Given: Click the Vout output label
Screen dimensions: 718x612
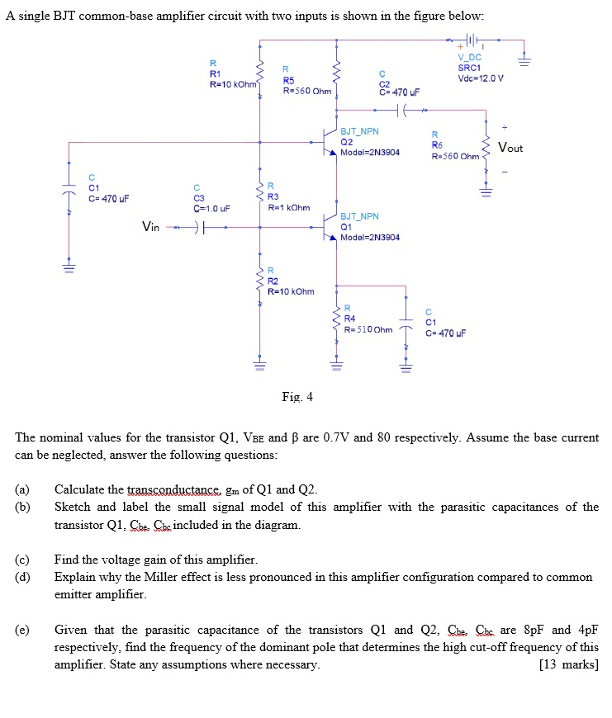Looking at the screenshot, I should pyautogui.click(x=510, y=148).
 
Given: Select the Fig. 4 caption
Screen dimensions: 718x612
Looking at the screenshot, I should pyautogui.click(x=297, y=396).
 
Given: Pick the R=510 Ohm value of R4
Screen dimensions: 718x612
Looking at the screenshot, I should pyautogui.click(x=368, y=329).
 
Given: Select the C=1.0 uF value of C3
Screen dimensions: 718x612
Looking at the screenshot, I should pyautogui.click(x=211, y=208).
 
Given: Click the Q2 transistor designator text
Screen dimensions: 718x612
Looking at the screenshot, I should pyautogui.click(x=346, y=141).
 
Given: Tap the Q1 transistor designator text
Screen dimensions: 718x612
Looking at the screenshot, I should pyautogui.click(x=346, y=226).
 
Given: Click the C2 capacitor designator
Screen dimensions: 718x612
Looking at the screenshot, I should pyautogui.click(x=384, y=83).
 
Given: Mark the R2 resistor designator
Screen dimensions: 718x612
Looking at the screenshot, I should pyautogui.click(x=273, y=281).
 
